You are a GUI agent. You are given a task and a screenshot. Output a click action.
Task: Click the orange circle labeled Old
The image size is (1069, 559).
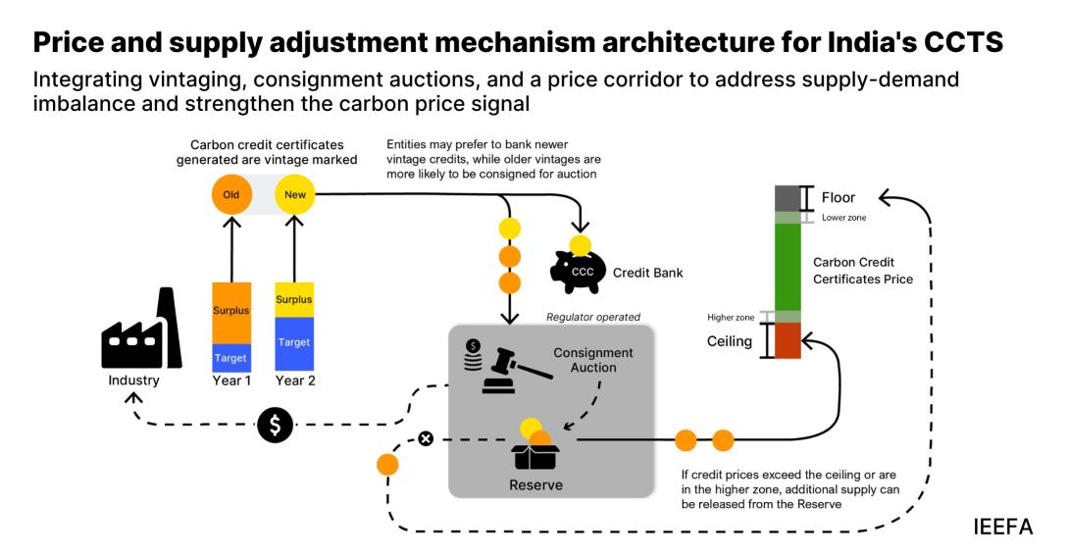tap(231, 194)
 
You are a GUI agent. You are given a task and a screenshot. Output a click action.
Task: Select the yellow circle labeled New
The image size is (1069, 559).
tap(295, 194)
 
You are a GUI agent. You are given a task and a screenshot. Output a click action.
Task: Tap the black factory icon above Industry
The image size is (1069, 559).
tap(141, 330)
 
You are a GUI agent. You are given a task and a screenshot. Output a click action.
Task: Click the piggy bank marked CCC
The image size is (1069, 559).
tap(578, 271)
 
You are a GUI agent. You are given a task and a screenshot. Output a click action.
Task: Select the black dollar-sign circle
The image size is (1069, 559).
tap(276, 425)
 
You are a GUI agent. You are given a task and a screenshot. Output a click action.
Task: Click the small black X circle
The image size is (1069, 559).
tap(426, 438)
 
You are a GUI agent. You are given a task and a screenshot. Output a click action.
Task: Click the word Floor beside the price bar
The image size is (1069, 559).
tap(839, 198)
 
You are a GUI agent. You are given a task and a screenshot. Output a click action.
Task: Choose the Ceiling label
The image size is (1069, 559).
tap(730, 342)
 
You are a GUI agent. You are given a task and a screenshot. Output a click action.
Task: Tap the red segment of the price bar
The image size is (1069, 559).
tap(788, 340)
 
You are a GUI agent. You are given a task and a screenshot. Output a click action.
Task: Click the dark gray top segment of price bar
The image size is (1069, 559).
tap(788, 198)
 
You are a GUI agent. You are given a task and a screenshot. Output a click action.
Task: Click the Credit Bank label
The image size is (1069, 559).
tap(648, 272)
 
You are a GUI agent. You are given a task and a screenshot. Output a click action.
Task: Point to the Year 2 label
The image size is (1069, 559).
tap(295, 381)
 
